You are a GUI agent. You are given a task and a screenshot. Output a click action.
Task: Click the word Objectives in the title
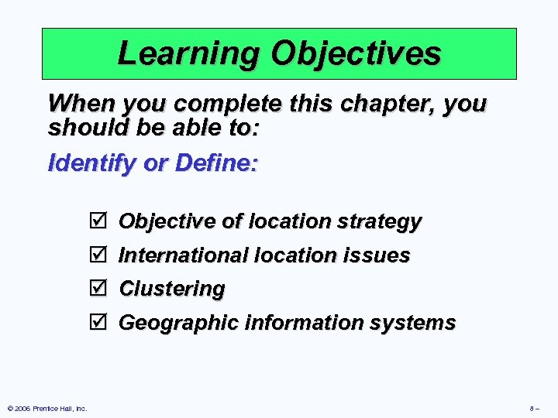pyautogui.click(x=356, y=54)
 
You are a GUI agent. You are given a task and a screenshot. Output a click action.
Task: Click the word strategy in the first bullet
pyautogui.click(x=379, y=222)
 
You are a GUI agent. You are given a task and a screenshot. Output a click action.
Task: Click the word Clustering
pyautogui.click(x=171, y=290)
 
